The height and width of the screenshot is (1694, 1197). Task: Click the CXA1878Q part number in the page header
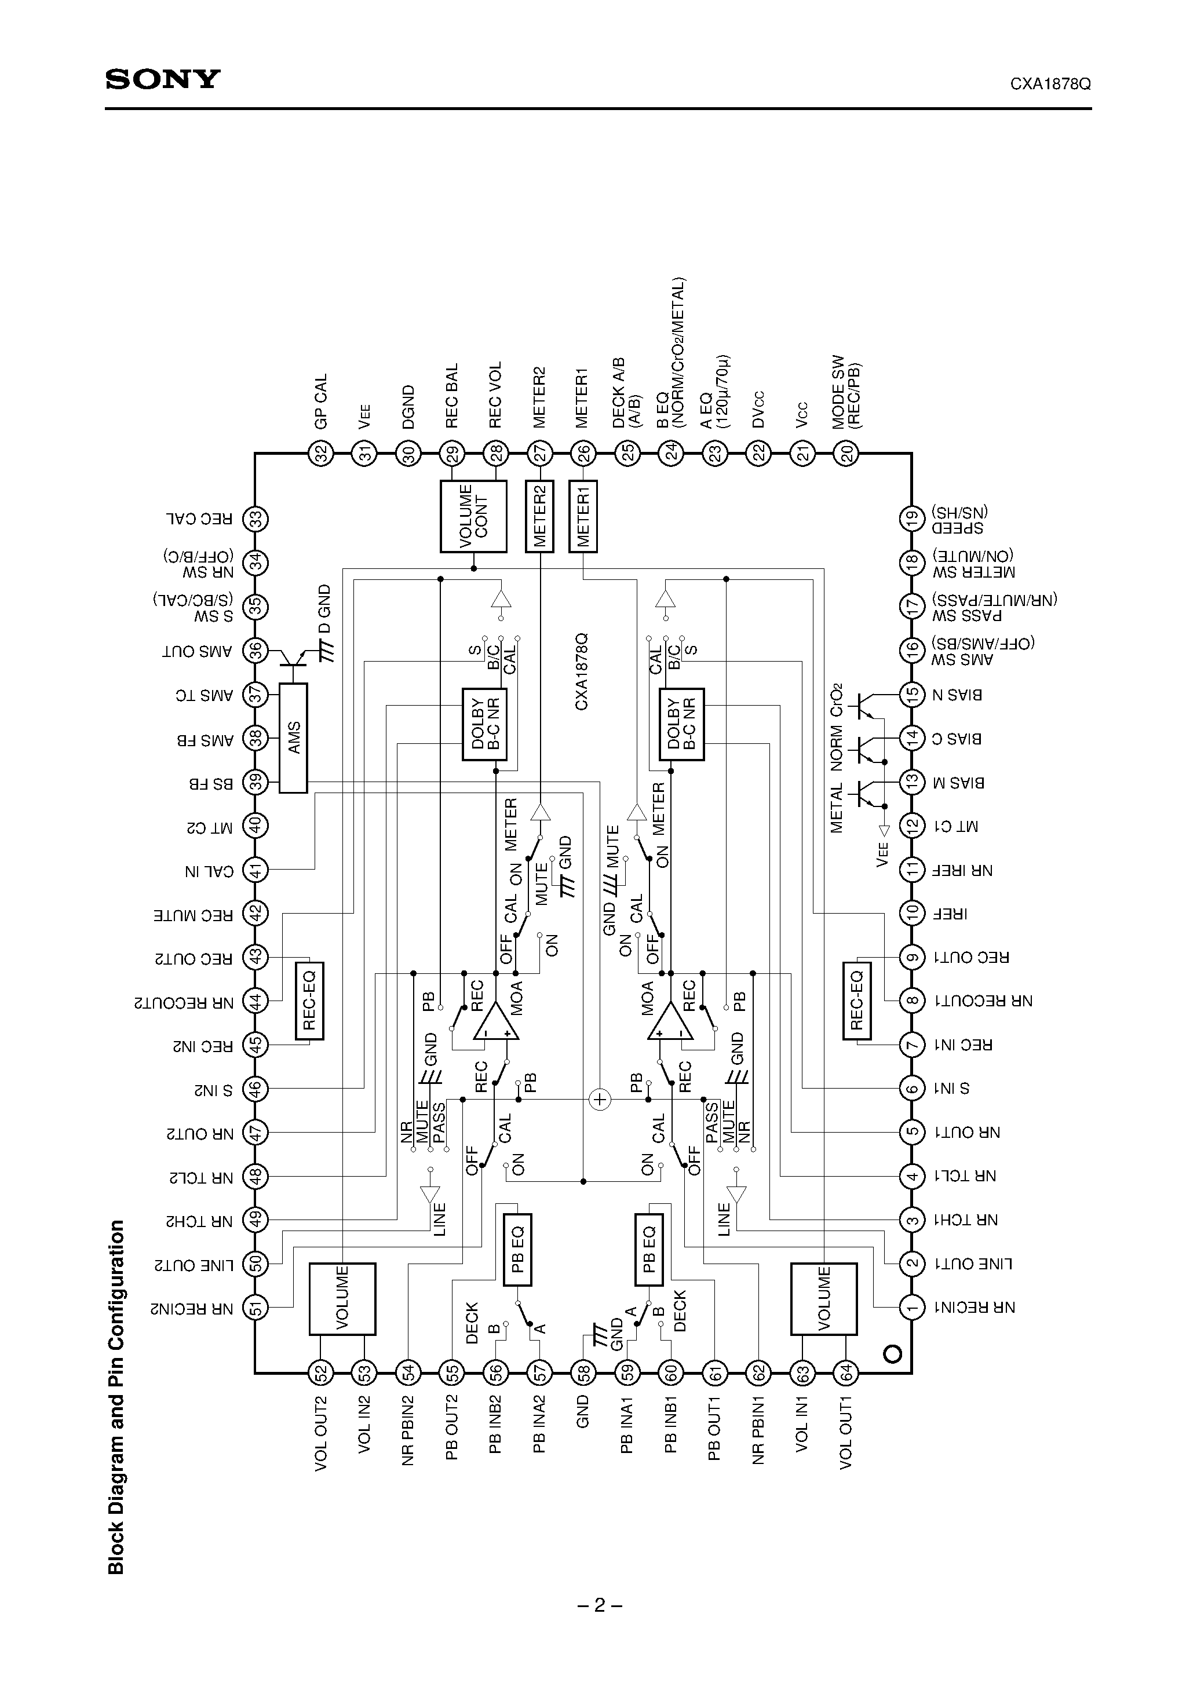click(x=1050, y=84)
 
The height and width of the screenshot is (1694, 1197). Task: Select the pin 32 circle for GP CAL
click(x=321, y=454)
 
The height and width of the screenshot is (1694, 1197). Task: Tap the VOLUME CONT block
click(x=473, y=516)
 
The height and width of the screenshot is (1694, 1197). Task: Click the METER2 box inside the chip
click(x=539, y=516)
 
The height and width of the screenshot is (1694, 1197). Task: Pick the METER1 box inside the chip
click(x=583, y=516)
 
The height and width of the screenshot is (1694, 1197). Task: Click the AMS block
click(x=294, y=738)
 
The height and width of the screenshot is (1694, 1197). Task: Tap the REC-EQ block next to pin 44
click(x=309, y=1001)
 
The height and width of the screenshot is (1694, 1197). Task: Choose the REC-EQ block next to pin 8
click(x=856, y=1001)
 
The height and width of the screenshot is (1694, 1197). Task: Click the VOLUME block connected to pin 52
click(x=342, y=1298)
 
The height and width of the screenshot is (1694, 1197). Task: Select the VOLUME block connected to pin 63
click(x=823, y=1298)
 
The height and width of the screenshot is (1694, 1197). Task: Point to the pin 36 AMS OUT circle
click(x=256, y=651)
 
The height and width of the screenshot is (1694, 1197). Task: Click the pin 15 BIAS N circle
click(x=912, y=694)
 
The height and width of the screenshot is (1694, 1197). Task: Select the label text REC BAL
click(x=452, y=396)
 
